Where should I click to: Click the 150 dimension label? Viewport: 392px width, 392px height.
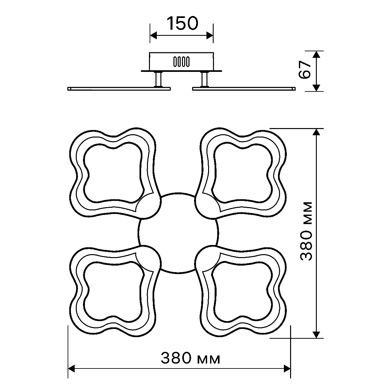[x=182, y=24]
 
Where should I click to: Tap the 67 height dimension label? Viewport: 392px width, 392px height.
[x=305, y=70]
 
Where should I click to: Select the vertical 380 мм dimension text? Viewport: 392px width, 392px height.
[x=306, y=231]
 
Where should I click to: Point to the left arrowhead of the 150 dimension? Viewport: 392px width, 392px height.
[x=154, y=35]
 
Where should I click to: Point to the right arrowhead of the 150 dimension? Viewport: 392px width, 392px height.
[x=210, y=35]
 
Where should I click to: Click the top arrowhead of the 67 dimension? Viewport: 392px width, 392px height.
[x=316, y=54]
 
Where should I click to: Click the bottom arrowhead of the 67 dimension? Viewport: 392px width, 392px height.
[x=316, y=88]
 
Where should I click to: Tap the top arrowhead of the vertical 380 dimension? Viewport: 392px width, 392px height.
[x=316, y=132]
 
